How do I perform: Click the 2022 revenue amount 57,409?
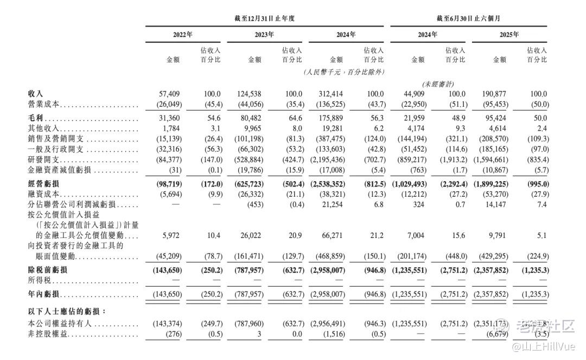pos(168,93)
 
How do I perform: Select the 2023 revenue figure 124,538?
pos(250,93)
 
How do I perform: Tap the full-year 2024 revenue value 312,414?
pos(332,93)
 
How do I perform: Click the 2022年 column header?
pos(183,35)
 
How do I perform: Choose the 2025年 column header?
pos(509,35)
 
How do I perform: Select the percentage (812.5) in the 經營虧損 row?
pos(373,184)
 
